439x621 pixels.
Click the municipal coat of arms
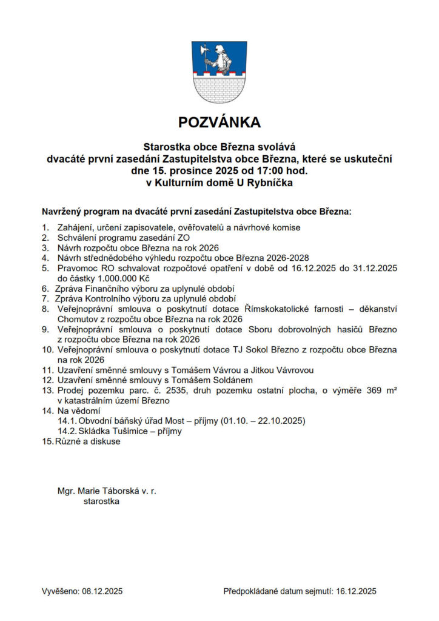pyautogui.click(x=219, y=71)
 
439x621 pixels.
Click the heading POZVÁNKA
pyautogui.click(x=219, y=123)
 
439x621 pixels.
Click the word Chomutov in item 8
pyautogui.click(x=78, y=319)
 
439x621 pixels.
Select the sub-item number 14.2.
pyautogui.click(x=67, y=431)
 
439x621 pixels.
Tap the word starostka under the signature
pyautogui.click(x=101, y=502)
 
